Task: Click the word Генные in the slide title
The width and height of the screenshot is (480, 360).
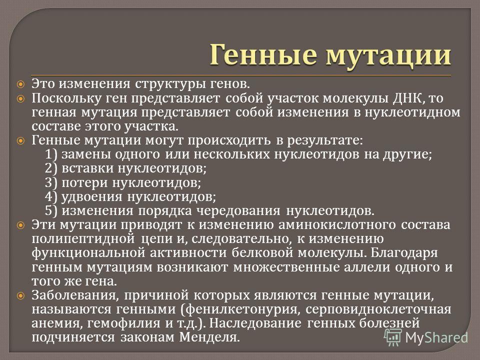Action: [x=263, y=55]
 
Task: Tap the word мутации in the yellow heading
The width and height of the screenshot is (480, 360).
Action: [x=388, y=56]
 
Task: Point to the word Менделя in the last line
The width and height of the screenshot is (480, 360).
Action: [x=209, y=337]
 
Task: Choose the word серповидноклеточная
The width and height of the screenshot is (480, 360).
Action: [x=378, y=309]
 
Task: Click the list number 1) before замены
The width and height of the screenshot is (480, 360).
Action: [x=51, y=154]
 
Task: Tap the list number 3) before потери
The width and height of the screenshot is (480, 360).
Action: [x=51, y=183]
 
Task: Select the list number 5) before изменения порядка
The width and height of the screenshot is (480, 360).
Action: [x=51, y=211]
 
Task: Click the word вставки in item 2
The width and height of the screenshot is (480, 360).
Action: [x=87, y=168]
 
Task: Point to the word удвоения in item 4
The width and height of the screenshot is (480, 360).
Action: [x=92, y=197]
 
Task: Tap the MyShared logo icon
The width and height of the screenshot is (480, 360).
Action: [x=393, y=337]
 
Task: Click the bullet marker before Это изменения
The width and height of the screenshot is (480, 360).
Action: [x=21, y=84]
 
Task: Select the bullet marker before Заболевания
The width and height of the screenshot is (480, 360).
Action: [x=21, y=295]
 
